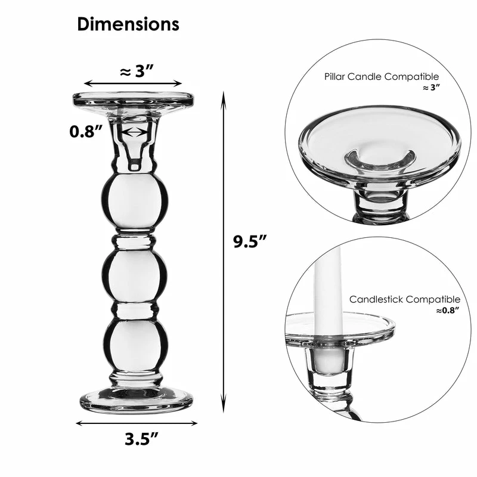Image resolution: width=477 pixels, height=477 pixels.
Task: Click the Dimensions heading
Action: (128, 24)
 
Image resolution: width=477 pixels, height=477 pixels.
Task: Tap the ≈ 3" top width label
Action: (137, 72)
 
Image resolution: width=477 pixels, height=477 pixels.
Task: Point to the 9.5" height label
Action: (249, 241)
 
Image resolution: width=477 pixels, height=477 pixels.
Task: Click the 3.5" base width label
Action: (141, 439)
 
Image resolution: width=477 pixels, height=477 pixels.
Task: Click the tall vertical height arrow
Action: (224, 250)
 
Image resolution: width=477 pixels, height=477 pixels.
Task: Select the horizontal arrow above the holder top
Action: (132, 84)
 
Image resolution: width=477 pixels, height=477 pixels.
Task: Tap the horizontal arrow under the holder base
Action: (137, 423)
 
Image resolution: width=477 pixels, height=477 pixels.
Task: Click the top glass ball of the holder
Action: (135, 201)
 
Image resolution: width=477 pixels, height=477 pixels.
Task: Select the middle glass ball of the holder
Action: (135, 276)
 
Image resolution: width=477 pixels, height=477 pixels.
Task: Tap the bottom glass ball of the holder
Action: (135, 346)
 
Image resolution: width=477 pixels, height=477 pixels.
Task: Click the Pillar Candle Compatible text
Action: (382, 77)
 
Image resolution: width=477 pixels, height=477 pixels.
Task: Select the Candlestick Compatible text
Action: (405, 299)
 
